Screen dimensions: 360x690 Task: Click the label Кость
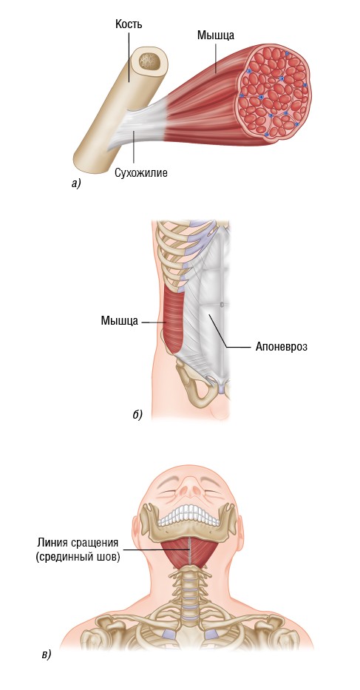point(128,24)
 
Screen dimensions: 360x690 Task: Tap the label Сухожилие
point(141,173)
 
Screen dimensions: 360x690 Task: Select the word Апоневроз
point(281,346)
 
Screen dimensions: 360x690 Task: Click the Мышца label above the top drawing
point(215,36)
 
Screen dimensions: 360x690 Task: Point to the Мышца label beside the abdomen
point(119,321)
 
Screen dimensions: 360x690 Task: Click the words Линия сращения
point(78,541)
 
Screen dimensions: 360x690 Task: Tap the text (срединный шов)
point(78,558)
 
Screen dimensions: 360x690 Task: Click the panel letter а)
point(76,183)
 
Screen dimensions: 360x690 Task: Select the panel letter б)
point(137,414)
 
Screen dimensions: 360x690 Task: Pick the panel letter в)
point(46,655)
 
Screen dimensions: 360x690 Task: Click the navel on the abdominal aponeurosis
point(222,304)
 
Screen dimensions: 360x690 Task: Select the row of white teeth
point(189,515)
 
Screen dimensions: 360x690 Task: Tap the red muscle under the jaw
point(189,553)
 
